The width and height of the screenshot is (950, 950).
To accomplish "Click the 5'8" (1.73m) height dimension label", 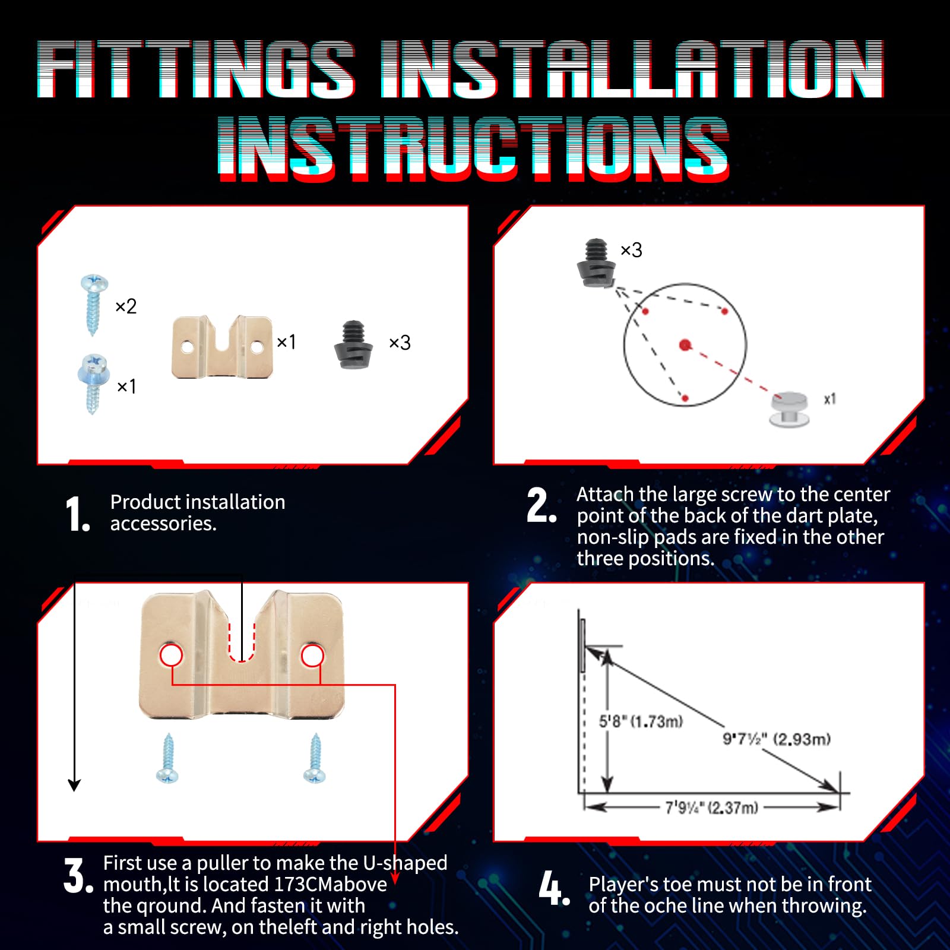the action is click(x=641, y=721).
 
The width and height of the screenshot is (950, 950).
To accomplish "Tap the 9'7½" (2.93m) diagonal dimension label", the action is click(x=776, y=739).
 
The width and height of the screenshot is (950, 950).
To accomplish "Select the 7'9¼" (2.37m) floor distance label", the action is click(x=711, y=807).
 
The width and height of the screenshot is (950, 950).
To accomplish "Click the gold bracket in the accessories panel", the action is click(x=222, y=347).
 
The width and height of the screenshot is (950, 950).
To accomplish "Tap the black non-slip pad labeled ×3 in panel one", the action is click(x=354, y=345).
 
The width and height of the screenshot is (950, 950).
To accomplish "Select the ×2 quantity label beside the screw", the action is click(x=126, y=306).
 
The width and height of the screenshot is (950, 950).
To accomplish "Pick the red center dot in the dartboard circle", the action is click(x=685, y=345).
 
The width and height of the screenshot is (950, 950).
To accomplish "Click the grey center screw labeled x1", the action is click(x=789, y=408).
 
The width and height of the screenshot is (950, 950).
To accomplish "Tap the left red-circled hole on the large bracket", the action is click(x=171, y=655).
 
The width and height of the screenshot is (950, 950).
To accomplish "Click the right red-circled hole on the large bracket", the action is click(x=312, y=655).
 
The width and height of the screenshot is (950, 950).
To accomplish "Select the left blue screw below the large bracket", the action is click(x=167, y=758).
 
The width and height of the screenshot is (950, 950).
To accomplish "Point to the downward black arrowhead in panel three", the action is click(x=74, y=785).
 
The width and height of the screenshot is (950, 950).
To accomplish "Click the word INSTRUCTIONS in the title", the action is click(x=473, y=148).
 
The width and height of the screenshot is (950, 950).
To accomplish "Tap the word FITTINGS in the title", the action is click(x=196, y=69).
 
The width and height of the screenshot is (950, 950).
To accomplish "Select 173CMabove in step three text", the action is click(x=330, y=885).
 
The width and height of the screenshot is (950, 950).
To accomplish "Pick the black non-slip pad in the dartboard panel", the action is click(x=596, y=263).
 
